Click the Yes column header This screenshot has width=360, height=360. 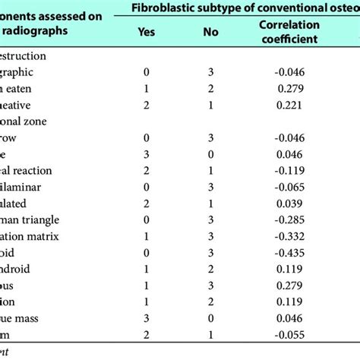pos(147,32)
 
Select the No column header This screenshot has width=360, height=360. pos(210,32)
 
